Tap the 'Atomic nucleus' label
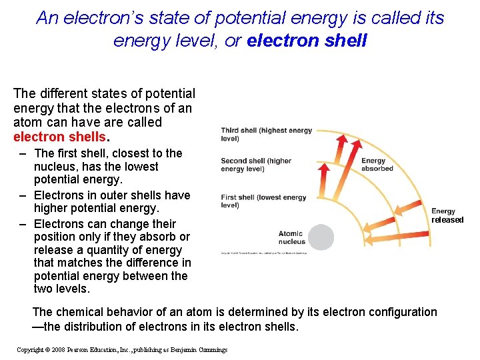tap(291, 237)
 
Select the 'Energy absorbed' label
tap(377, 165)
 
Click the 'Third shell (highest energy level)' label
tap(266, 135)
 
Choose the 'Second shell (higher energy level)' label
tap(256, 165)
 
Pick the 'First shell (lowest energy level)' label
tap(263, 201)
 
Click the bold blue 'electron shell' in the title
tap(307, 41)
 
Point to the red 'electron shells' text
tap(59, 137)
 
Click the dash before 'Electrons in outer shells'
tap(23, 195)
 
